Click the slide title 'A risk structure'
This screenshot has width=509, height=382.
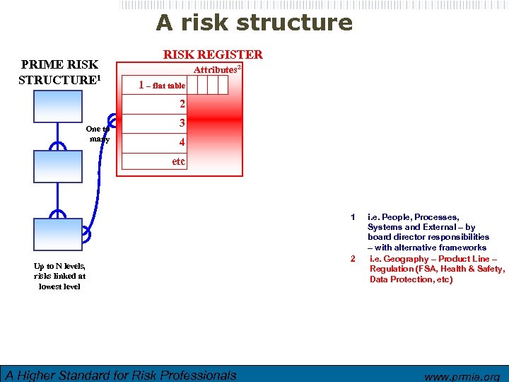[x=254, y=23]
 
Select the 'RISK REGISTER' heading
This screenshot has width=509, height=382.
[x=213, y=54]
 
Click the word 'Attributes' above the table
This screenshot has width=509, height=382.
[x=216, y=69]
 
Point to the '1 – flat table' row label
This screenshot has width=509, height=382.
[x=162, y=86]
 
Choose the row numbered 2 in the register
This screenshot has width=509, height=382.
[x=182, y=104]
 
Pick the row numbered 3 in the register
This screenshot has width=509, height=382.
[x=182, y=123]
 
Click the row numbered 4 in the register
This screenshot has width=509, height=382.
[x=182, y=142]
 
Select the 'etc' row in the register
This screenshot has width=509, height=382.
[x=179, y=161]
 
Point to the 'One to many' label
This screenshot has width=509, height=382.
[x=97, y=134]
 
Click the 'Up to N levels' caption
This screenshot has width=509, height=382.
[x=59, y=276]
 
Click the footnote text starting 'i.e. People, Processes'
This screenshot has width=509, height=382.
[x=427, y=232]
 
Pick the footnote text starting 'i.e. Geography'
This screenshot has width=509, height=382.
[x=437, y=269]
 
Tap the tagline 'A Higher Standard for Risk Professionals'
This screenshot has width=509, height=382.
[x=121, y=375]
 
